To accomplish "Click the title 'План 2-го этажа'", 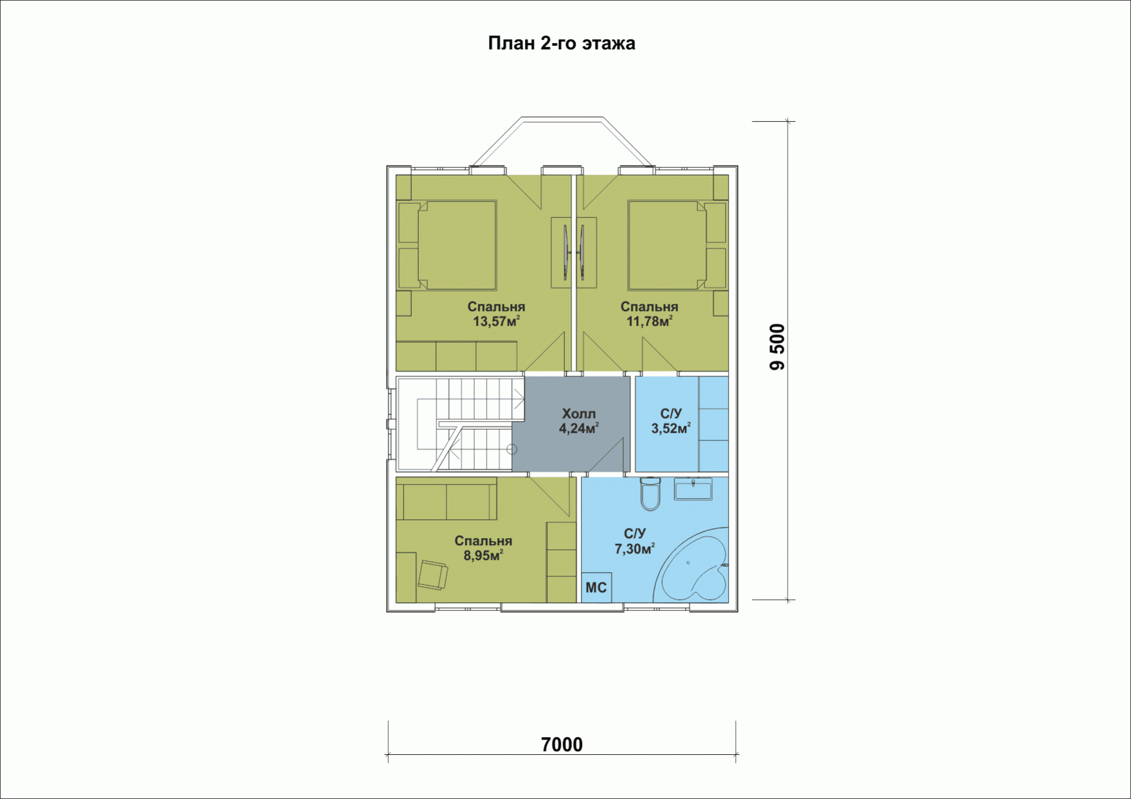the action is click(x=561, y=43).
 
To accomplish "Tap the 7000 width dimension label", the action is click(x=561, y=744).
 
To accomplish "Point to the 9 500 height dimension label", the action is click(x=777, y=347).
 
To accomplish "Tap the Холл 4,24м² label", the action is click(x=578, y=421).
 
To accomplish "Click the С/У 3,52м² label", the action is click(x=670, y=421).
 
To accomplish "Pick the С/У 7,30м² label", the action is click(x=634, y=541).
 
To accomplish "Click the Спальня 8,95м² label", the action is click(x=483, y=548).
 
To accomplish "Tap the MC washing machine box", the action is click(x=596, y=588).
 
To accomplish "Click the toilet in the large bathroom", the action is click(x=650, y=493).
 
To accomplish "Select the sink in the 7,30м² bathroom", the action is click(x=693, y=489).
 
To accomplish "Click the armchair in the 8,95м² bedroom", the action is click(x=432, y=575).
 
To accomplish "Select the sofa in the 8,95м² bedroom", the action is click(x=447, y=499).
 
